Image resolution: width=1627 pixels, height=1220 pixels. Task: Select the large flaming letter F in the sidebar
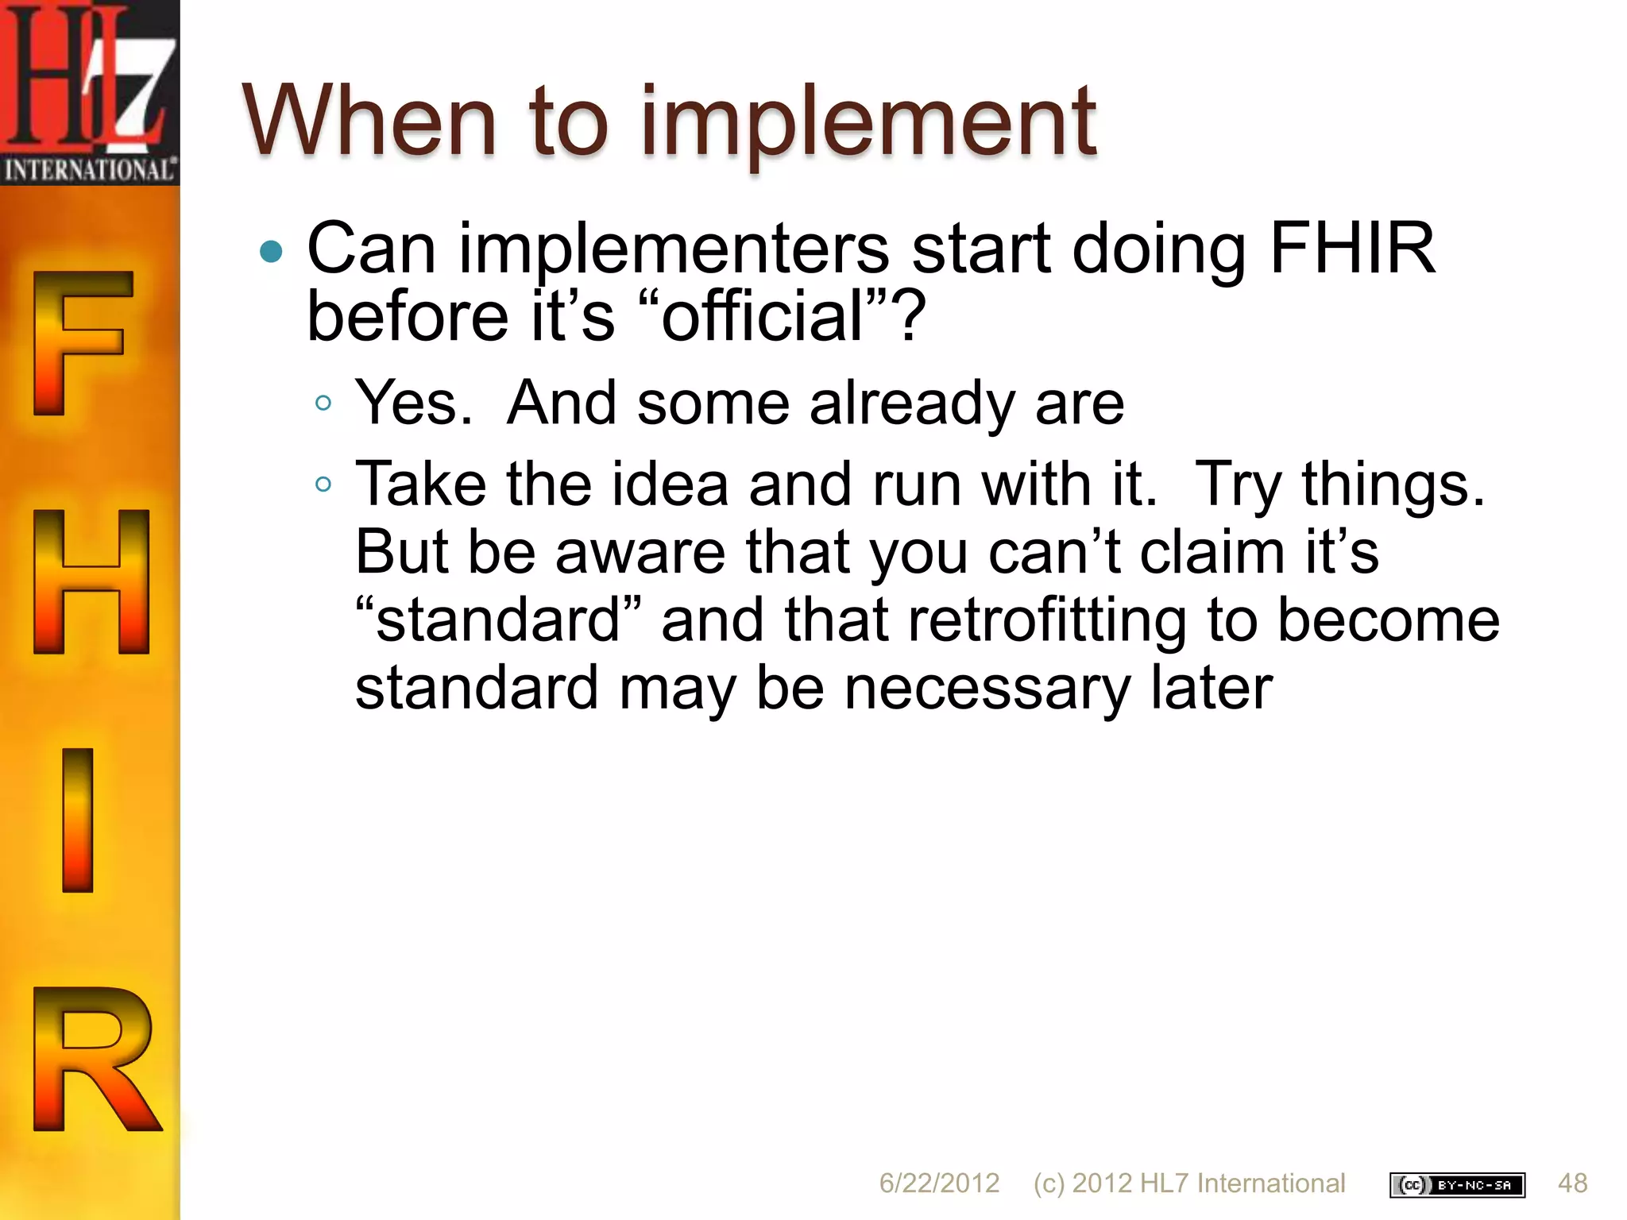[x=79, y=342]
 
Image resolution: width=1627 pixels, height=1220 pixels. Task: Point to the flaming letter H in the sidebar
[x=91, y=581]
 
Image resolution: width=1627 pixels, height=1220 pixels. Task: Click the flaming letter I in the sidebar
[x=78, y=820]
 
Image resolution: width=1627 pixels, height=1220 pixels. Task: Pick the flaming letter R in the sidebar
[x=94, y=1058]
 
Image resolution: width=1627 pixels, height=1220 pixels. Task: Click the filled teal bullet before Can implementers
[x=272, y=252]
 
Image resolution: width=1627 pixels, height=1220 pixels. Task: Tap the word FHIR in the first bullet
[x=1351, y=249]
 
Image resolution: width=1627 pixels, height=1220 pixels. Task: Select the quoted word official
[x=762, y=317]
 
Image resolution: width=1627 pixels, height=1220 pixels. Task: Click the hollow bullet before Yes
[x=323, y=403]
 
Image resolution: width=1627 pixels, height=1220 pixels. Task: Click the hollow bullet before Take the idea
[x=323, y=484]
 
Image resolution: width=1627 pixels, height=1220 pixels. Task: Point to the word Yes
[x=412, y=403]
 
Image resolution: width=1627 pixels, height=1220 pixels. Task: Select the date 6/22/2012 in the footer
[x=938, y=1183]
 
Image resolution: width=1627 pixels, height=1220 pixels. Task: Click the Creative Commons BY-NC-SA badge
[x=1456, y=1184]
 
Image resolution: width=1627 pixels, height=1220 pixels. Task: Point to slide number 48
[x=1572, y=1183]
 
